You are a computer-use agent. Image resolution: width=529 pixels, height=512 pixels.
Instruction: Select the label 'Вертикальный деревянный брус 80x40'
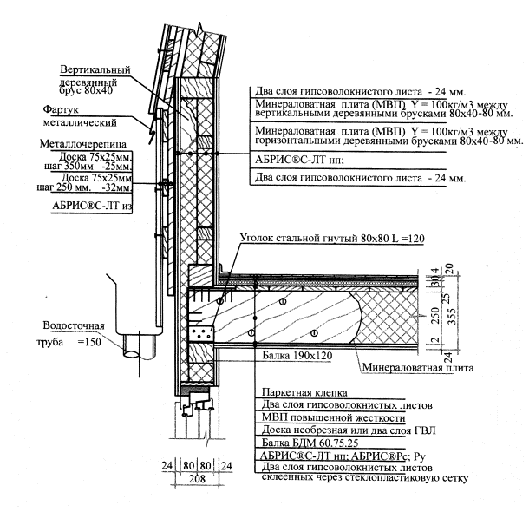(x=95, y=77)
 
